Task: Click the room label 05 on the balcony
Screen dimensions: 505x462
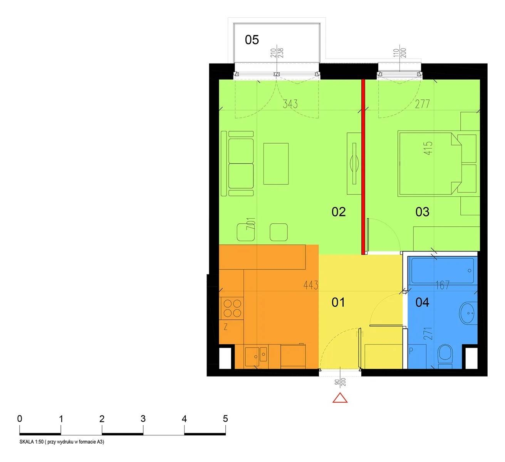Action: coord(252,40)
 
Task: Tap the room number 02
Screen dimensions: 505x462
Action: coord(338,212)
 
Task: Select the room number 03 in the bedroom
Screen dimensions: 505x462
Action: coord(422,212)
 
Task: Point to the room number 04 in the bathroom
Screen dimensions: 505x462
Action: coord(422,302)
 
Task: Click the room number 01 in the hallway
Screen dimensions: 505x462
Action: coord(338,302)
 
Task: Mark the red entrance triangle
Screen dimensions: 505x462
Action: coord(340,398)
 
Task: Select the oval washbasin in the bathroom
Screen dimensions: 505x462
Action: coord(467,313)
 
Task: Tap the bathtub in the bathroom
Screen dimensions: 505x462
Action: coord(442,271)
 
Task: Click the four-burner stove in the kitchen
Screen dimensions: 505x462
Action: coord(232,308)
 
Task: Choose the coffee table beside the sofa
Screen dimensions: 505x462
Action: coord(276,164)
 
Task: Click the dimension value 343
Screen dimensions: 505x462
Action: coord(290,104)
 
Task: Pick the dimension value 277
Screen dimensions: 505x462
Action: coord(422,104)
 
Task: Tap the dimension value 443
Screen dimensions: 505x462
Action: coord(310,285)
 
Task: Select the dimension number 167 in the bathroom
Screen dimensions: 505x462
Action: coord(443,285)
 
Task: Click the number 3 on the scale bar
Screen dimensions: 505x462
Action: coord(143,419)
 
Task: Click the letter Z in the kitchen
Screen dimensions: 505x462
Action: coord(226,327)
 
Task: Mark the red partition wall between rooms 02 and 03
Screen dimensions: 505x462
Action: coord(363,167)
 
